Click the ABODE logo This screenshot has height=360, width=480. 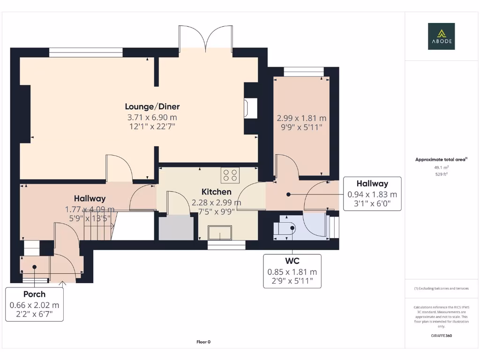pos(441,37)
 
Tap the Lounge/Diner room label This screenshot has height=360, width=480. pos(152,106)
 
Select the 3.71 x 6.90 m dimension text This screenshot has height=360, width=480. pos(152,117)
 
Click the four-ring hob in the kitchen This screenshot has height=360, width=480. pos(230,175)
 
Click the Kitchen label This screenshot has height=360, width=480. pos(216,192)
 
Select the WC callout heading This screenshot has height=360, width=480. pos(292,261)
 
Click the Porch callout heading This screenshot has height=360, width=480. pos(34,294)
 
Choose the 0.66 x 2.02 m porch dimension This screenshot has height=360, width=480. pos(34,305)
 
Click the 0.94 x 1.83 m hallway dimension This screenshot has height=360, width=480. pos(372,194)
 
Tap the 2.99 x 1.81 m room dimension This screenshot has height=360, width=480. pos(301,118)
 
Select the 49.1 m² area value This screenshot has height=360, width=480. pos(441,167)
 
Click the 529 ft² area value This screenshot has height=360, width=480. pos(441,174)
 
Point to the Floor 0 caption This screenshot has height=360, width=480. pos(203,342)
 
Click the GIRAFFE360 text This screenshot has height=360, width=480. pos(441,336)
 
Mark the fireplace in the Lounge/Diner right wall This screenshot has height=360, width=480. pos(247,107)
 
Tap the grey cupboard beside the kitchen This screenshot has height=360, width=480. pos(176,228)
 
